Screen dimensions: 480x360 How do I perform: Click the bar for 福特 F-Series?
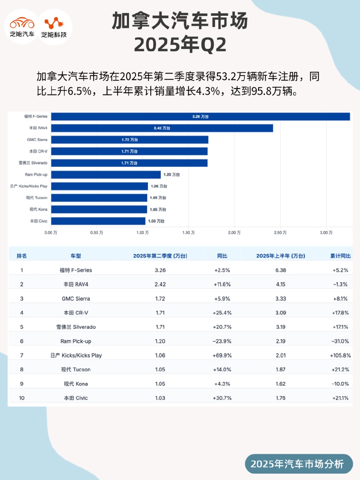click(200, 117)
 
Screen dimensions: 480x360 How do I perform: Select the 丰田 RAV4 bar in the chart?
click(162, 128)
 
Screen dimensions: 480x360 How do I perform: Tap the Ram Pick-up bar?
click(106, 175)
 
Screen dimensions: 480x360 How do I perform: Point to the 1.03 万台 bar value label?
click(156, 221)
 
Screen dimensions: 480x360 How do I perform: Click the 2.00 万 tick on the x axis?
click(234, 233)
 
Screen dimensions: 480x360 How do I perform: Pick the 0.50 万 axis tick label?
click(97, 233)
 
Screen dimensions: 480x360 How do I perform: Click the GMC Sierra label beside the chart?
click(37, 140)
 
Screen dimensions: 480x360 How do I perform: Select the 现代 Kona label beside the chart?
click(38, 210)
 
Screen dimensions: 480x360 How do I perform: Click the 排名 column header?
click(22, 256)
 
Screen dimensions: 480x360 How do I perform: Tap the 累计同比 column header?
click(340, 256)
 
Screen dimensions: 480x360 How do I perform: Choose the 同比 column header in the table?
click(222, 256)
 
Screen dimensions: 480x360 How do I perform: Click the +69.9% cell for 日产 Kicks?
click(222, 356)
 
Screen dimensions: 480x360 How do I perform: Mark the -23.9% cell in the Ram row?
click(222, 341)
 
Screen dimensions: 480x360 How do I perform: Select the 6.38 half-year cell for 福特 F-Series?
click(281, 270)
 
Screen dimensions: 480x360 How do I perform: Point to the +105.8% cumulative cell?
click(340, 356)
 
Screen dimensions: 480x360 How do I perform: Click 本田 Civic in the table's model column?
click(76, 398)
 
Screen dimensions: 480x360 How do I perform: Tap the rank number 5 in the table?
click(22, 327)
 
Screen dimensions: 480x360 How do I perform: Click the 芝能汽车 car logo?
click(22, 27)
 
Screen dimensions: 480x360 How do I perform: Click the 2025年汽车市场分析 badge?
click(297, 464)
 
